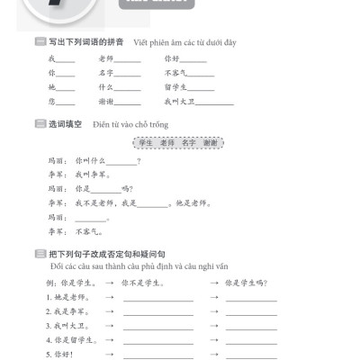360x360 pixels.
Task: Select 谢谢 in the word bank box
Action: point(211,143)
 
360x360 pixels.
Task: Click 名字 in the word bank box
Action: point(189,143)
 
